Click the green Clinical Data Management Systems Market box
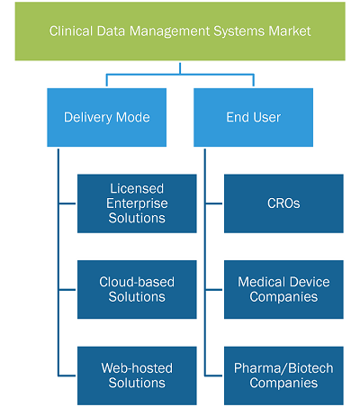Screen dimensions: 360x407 [x=180, y=32]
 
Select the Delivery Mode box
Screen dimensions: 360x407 [x=107, y=117]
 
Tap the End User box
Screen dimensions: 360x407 [x=254, y=117]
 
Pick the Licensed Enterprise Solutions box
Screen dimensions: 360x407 [x=137, y=203]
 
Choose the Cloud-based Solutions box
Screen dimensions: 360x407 [x=137, y=290]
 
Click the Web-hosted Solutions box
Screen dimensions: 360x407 [x=137, y=375]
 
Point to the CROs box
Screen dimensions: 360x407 [x=283, y=203]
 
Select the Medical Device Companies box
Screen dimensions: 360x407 [x=283, y=290]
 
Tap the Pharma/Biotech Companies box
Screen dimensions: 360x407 [x=283, y=375]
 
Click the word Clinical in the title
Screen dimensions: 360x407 [x=71, y=32]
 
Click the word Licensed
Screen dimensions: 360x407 [x=137, y=189]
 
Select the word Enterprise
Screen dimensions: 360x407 [x=137, y=203]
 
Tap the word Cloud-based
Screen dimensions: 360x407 [x=137, y=282]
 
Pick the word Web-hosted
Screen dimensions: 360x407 [x=137, y=368]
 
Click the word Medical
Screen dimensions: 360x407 [x=261, y=282]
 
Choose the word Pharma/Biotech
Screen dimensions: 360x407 [x=283, y=368]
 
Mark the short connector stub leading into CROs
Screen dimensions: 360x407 [x=214, y=203]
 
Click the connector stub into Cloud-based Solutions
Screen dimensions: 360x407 [x=67, y=290]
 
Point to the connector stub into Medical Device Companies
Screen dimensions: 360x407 [x=214, y=290]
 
